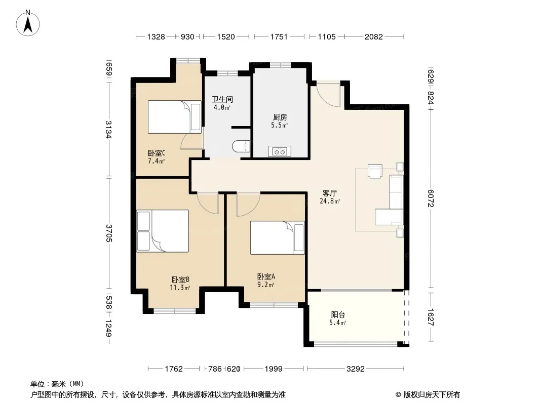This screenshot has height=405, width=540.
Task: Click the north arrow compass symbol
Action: pyautogui.click(x=28, y=23)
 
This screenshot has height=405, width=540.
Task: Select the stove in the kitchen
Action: pyautogui.click(x=279, y=151)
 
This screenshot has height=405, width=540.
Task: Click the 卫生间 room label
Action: pyautogui.click(x=222, y=99)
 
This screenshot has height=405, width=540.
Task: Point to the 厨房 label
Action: pyautogui.click(x=280, y=117)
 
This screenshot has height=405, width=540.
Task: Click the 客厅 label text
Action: pyautogui.click(x=330, y=193)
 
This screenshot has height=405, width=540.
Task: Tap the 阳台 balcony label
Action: pyautogui.click(x=338, y=314)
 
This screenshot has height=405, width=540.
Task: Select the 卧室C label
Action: pyautogui.click(x=157, y=153)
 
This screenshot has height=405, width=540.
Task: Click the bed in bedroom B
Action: pyautogui.click(x=163, y=231)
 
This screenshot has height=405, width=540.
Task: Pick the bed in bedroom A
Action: pyautogui.click(x=277, y=238)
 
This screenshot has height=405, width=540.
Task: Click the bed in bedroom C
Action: pyautogui.click(x=175, y=117)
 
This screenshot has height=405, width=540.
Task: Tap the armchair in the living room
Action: pyautogui.click(x=375, y=171)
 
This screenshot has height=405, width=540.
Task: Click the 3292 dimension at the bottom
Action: pyautogui.click(x=356, y=369)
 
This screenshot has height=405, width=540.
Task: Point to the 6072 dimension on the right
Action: pyautogui.click(x=431, y=198)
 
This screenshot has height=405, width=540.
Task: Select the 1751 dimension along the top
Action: pyautogui.click(x=279, y=36)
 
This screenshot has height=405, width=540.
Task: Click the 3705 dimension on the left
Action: pyautogui.click(x=108, y=233)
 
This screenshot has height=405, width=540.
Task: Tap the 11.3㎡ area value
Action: pyautogui.click(x=180, y=288)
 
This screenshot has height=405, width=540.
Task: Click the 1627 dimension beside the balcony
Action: pyautogui.click(x=431, y=317)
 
